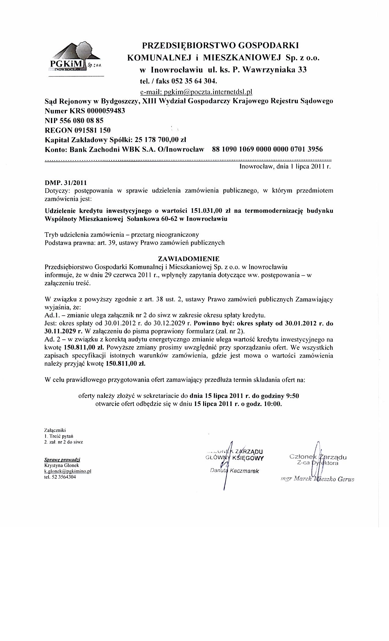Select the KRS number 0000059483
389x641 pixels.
click(x=106, y=111)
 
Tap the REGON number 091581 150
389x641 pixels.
click(x=92, y=130)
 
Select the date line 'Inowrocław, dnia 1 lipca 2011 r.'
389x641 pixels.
click(x=285, y=167)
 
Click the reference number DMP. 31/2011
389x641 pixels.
click(x=65, y=183)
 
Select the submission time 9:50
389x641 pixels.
click(x=292, y=396)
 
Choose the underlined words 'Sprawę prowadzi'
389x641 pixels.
click(x=62, y=460)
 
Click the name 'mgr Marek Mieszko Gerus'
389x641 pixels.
click(x=317, y=479)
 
